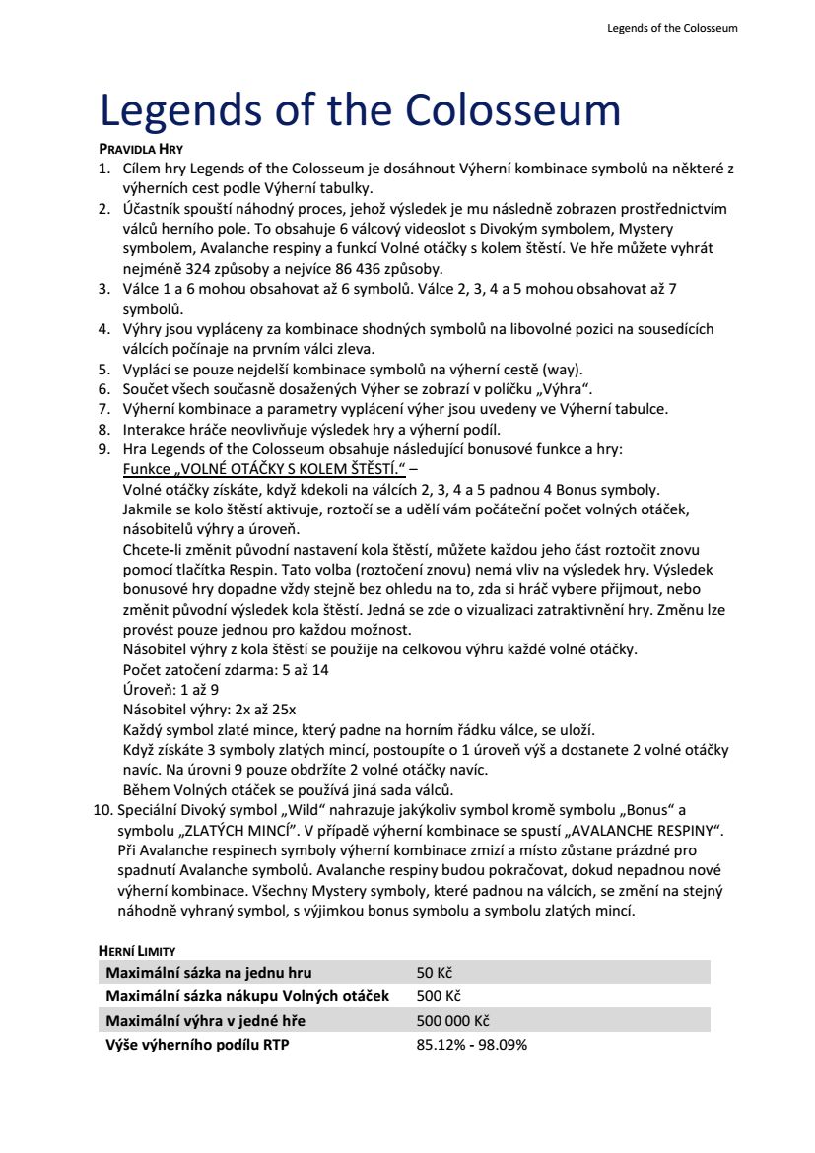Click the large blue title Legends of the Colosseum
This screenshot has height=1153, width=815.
[360, 110]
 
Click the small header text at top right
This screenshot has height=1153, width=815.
[672, 28]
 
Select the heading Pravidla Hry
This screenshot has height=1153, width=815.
[141, 148]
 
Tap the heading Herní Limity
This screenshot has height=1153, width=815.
[137, 951]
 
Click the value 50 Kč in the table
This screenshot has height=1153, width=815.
[434, 973]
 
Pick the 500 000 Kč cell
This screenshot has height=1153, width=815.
[452, 1020]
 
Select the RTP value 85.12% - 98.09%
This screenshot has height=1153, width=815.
[472, 1045]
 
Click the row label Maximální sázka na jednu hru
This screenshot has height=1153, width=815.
[208, 973]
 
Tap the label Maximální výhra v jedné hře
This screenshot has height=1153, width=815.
[206, 1020]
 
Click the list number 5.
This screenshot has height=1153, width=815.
[103, 370]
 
